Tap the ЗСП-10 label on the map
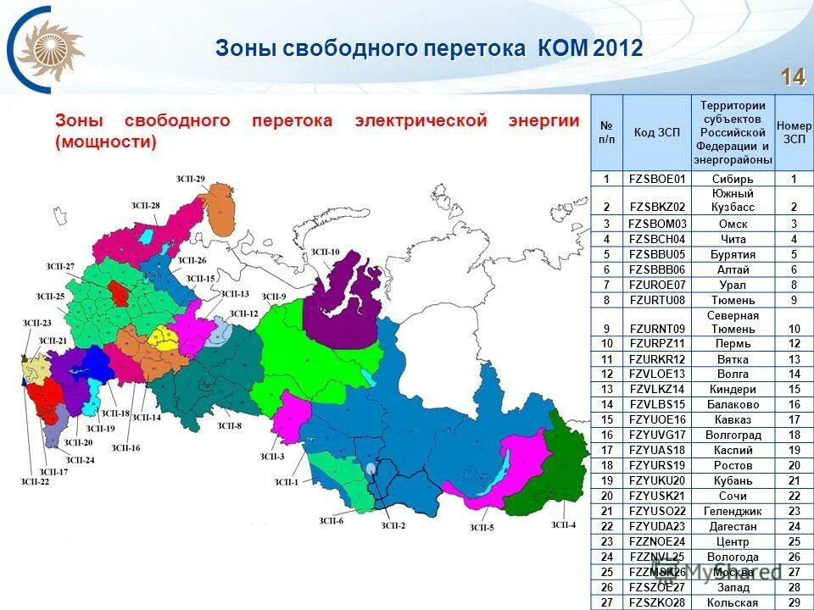(x=325, y=252)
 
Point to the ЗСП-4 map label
(x=564, y=525)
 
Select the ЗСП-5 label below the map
(x=481, y=528)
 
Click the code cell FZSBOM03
(x=656, y=224)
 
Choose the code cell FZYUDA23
(x=656, y=526)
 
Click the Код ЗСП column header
(x=656, y=132)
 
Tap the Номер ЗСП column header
(x=794, y=132)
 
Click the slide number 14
(x=793, y=77)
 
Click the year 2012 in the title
(x=618, y=48)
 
